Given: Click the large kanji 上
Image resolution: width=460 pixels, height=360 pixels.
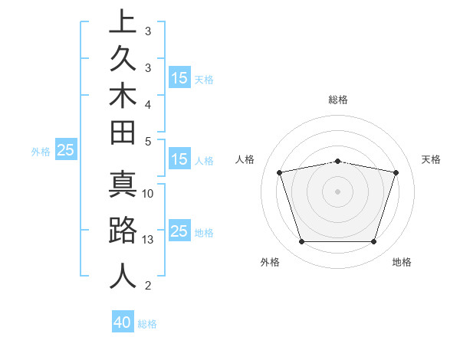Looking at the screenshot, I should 123,21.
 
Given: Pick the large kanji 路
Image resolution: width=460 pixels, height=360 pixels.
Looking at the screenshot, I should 123,231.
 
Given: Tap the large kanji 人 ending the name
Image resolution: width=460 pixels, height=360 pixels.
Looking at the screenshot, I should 123,274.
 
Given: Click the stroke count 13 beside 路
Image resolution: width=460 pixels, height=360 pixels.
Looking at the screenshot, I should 148,240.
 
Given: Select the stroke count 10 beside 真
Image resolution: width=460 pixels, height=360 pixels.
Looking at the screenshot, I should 148,194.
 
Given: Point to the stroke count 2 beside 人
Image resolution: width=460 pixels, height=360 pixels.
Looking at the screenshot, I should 148,286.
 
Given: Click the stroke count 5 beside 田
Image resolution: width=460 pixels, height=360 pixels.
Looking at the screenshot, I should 148,141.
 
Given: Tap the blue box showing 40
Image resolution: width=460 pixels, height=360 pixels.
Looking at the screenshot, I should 123,322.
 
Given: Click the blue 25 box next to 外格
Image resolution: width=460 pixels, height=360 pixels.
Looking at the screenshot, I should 66,151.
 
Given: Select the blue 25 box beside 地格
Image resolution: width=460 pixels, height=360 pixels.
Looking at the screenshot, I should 179,232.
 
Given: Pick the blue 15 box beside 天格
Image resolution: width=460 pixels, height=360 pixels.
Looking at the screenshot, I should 179,77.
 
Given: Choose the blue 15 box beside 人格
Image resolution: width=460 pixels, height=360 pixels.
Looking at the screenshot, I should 179,160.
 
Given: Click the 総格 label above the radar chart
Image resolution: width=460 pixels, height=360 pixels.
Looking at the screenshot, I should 338,100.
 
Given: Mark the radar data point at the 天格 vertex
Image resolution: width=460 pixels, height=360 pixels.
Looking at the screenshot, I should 396,172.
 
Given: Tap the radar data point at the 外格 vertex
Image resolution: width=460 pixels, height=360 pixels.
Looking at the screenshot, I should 301,242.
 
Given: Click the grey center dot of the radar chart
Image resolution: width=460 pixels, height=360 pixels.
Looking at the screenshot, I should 337,191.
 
